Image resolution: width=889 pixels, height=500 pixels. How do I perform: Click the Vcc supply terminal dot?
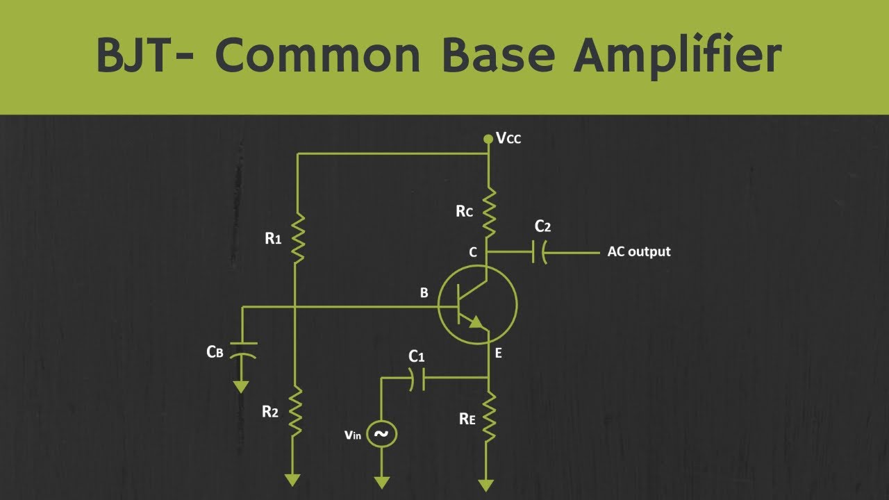[x=488, y=139]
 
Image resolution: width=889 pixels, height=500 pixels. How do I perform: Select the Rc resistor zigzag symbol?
[x=489, y=213]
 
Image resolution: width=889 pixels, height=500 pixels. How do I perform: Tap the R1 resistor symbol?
[x=298, y=238]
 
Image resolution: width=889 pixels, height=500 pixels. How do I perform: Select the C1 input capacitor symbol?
[x=417, y=379]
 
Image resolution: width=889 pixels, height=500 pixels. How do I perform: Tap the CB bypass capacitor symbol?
[x=243, y=350]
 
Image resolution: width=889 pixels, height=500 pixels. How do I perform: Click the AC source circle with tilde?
[x=381, y=434]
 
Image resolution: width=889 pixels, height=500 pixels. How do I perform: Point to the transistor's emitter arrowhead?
[x=477, y=323]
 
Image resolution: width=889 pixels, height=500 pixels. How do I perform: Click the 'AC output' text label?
[x=639, y=251]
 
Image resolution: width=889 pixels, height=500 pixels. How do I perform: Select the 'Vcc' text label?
[x=508, y=138]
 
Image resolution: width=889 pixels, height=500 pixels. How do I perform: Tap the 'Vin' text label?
[x=352, y=435]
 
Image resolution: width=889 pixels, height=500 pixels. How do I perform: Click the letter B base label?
[x=424, y=293]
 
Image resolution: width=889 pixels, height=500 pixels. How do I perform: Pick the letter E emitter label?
[x=499, y=353]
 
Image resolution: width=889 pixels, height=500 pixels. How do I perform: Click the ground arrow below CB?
[x=241, y=387]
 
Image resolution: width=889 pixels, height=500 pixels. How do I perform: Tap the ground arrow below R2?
[x=292, y=480]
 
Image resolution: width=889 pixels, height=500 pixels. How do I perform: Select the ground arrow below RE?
[x=485, y=485]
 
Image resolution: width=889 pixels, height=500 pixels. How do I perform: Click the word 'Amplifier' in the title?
[x=677, y=56]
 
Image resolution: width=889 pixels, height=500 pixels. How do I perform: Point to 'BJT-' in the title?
[x=145, y=55]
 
